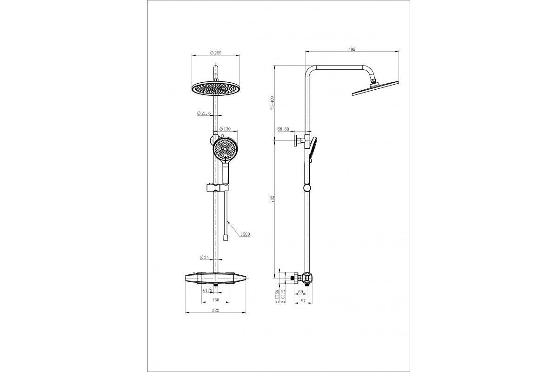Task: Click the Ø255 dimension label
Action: click(216, 53)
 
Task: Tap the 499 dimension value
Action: click(352, 49)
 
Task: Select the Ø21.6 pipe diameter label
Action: click(204, 113)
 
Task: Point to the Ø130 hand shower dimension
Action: click(225, 129)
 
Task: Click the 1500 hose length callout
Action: click(245, 234)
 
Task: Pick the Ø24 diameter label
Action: click(204, 258)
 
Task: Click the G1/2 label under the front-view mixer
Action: click(207, 290)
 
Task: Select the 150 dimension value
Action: click(216, 300)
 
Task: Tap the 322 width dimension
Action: click(216, 311)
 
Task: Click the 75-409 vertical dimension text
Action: click(272, 103)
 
